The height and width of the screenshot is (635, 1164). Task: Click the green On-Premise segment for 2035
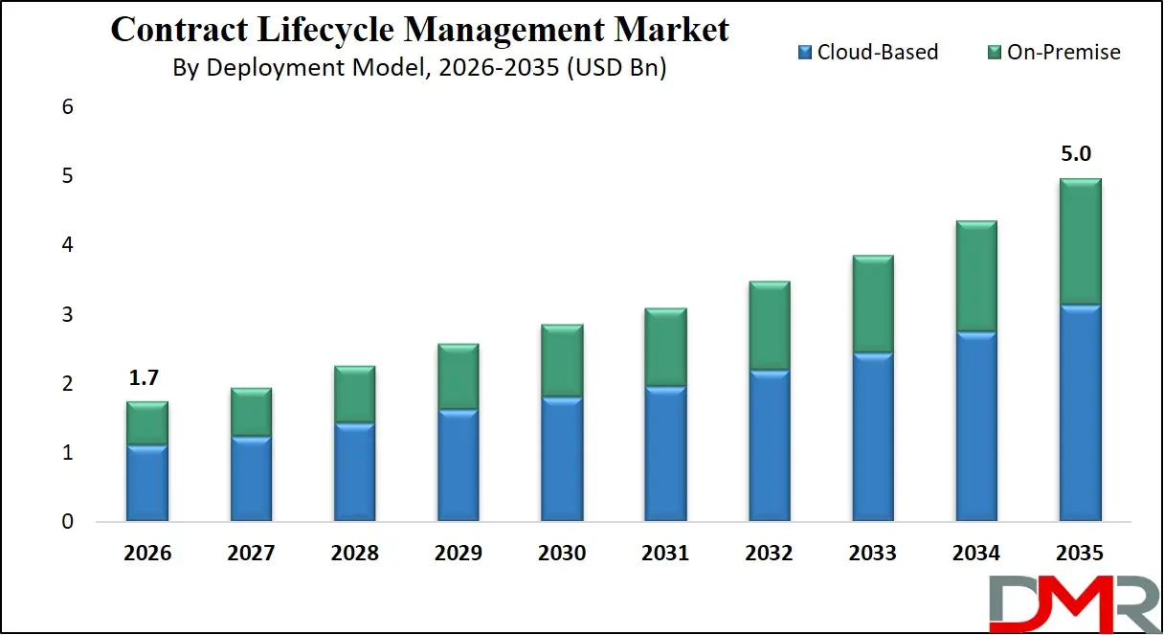coord(1079,242)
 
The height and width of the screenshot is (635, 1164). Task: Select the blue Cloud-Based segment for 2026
coord(147,484)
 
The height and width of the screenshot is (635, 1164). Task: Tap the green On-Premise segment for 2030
coord(562,361)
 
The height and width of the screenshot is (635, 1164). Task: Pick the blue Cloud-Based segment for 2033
coord(872,438)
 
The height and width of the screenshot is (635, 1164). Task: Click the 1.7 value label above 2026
coord(144,378)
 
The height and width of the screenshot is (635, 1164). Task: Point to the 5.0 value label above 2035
coord(1079,154)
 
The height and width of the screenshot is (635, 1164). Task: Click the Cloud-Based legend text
coord(878,52)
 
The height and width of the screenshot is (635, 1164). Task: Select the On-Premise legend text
coord(1063,52)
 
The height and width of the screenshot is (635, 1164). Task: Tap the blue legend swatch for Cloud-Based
coord(804,52)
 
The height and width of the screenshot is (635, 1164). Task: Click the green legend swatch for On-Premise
coord(995,52)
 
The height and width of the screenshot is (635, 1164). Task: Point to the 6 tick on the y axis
coord(67,107)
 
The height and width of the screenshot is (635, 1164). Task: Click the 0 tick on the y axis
coord(67,523)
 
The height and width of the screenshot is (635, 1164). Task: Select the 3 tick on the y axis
coord(67,315)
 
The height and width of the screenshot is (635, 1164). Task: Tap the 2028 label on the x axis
coord(354,554)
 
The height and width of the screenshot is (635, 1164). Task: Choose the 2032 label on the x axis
coord(769,554)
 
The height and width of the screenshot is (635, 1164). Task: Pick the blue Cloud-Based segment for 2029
coord(458,466)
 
